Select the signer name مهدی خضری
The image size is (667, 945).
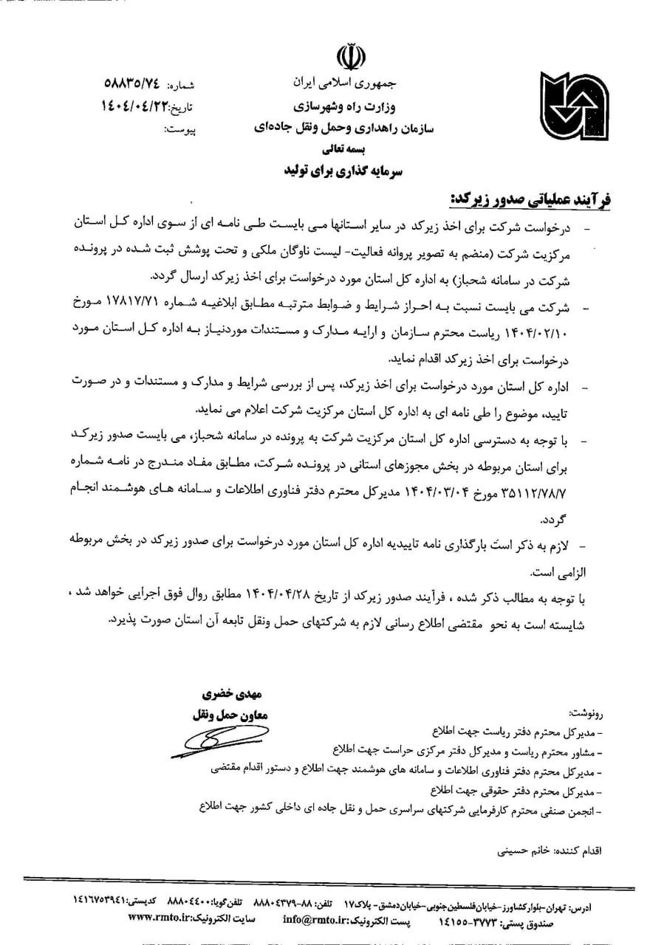click(x=227, y=695)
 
